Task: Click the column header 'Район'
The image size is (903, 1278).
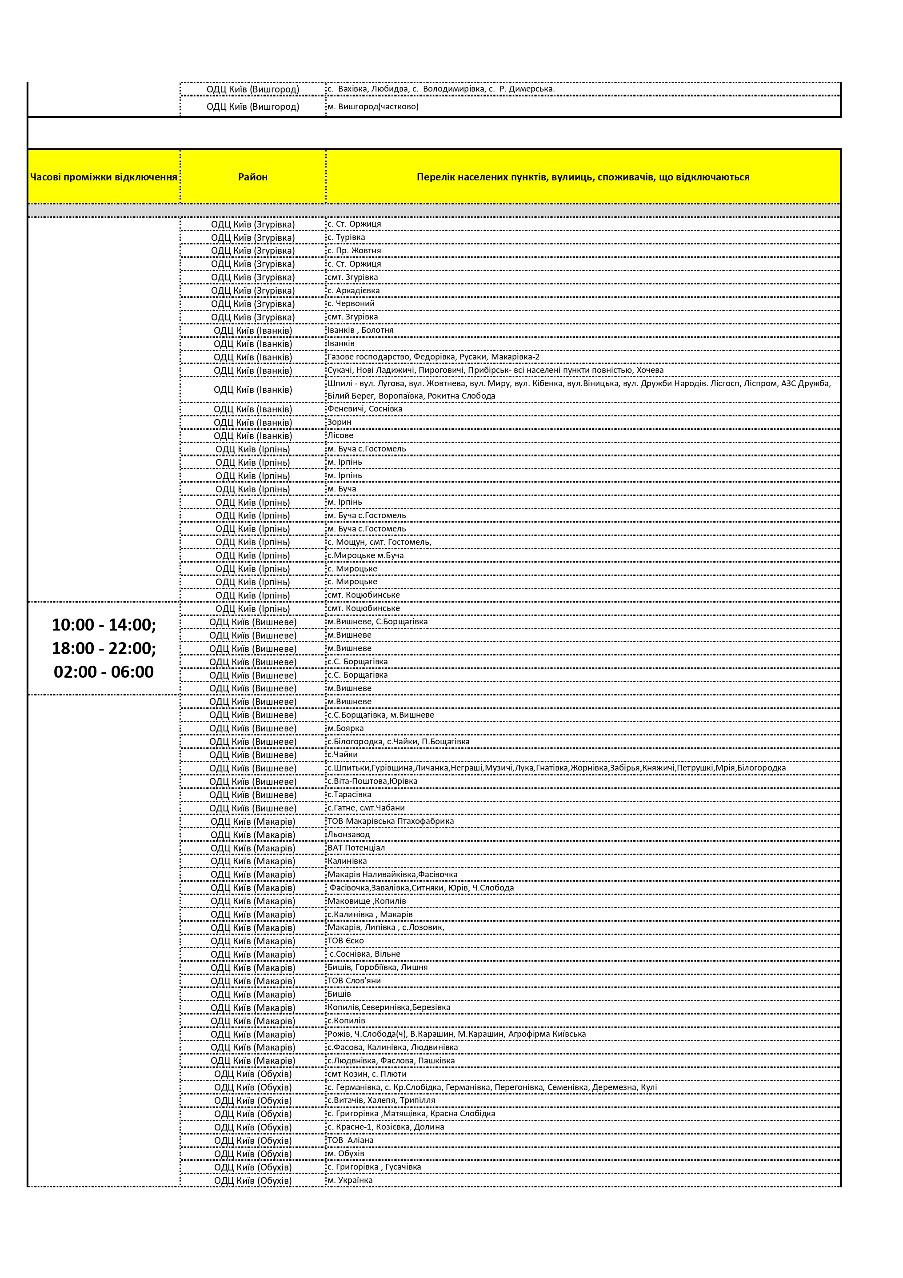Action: pos(253,177)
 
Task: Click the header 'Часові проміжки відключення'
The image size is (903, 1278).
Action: pos(104,177)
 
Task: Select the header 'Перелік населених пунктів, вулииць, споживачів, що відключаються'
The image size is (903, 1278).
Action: pos(583,177)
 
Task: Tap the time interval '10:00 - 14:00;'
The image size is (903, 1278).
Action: pos(104,624)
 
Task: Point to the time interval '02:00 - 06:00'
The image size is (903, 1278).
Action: pos(104,671)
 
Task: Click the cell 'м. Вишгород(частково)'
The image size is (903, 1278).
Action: pos(373,106)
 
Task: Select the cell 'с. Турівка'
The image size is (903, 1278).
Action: pos(346,237)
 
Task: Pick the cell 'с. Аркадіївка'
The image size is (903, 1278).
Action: pos(354,291)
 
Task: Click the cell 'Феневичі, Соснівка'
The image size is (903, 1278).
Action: pos(365,408)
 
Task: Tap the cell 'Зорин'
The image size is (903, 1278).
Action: pos(340,422)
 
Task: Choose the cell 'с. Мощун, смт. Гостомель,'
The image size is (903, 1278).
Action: pos(379,542)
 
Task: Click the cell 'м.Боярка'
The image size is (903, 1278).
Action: pos(346,728)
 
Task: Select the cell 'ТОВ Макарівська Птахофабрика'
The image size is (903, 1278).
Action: pos(390,821)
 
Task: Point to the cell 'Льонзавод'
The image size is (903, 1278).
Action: pos(348,835)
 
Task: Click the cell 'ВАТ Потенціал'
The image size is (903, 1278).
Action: pos(356,848)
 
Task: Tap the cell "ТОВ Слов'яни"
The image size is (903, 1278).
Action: pos(354,981)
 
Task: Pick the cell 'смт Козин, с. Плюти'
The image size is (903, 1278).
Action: pos(367,1074)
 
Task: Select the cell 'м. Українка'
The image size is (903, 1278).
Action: pos(350,1180)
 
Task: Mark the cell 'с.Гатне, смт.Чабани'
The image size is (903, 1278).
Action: pos(366,808)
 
